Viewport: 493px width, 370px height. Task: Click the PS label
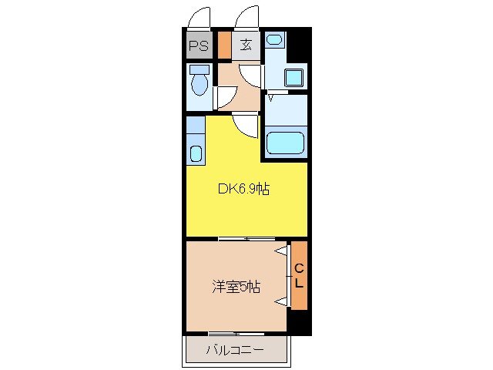198,45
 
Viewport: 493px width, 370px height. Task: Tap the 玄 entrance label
246,45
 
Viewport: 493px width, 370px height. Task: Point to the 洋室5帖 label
236,288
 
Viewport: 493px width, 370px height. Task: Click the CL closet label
299,275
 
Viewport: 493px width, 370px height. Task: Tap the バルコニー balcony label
235,351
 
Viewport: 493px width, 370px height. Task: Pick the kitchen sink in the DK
196,152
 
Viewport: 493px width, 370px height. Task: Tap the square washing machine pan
293,77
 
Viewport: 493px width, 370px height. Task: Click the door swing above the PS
200,17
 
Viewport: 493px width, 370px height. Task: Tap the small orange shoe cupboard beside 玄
223,44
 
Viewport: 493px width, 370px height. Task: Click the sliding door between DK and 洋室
246,239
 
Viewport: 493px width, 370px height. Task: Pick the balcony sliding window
235,334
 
